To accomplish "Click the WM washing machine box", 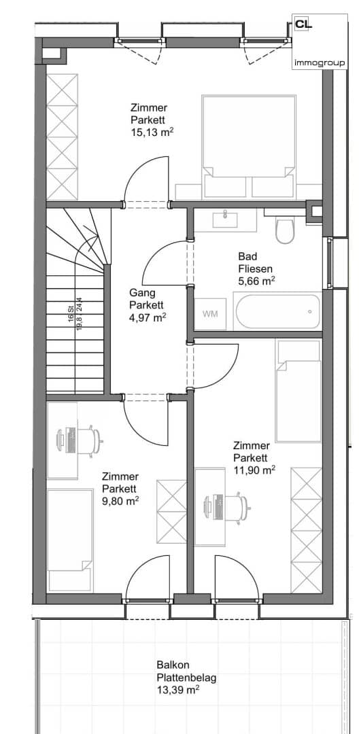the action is (210, 313).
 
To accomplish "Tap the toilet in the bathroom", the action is (284, 230).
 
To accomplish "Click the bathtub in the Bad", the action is (279, 312).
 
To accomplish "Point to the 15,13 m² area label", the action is (153, 133).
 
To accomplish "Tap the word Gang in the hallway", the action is (140, 293).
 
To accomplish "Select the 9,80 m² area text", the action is (120, 501).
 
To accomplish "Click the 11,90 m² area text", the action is (254, 470).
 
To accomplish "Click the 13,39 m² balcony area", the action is (178, 690).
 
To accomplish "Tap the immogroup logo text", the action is (320, 63).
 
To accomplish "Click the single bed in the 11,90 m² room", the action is (298, 391).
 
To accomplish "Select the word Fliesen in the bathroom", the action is (255, 269).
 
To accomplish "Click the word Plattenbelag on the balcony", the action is (187, 678).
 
